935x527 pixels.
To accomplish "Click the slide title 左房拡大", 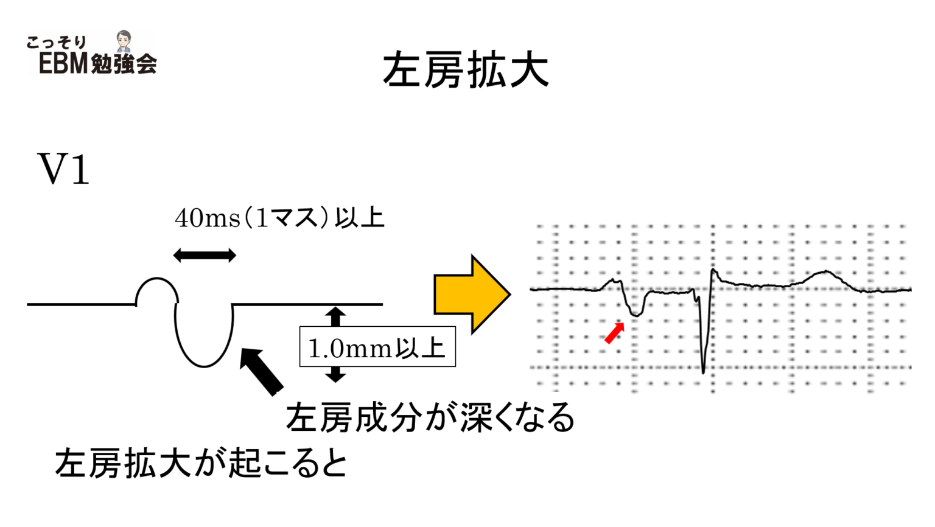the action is pyautogui.click(x=466, y=70).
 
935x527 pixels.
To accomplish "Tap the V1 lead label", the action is pyautogui.click(x=63, y=169).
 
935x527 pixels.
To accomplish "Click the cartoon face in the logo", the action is pyautogui.click(x=124, y=41).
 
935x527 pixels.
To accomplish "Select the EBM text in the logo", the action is pyautogui.click(x=63, y=63).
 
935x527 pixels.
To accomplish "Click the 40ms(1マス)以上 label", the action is pyautogui.click(x=279, y=218).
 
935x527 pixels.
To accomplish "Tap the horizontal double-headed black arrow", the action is pyautogui.click(x=205, y=255).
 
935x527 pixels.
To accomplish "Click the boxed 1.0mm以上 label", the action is pyautogui.click(x=377, y=347).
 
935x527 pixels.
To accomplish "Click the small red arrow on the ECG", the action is pyautogui.click(x=614, y=333).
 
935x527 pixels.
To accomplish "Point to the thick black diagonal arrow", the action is pyautogui.click(x=261, y=371).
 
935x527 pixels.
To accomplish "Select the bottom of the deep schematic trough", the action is pyautogui.click(x=204, y=366).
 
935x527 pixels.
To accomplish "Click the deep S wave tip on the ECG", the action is pyautogui.click(x=703, y=372).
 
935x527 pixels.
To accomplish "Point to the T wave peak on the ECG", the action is pyautogui.click(x=826, y=271).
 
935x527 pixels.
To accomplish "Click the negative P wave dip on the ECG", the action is pyautogui.click(x=636, y=315).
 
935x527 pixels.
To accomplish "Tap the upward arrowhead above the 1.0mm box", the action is pyautogui.click(x=335, y=312).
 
